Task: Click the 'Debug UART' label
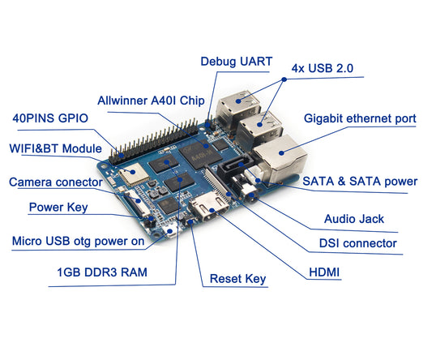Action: point(236,61)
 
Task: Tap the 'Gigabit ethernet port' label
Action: point(360,118)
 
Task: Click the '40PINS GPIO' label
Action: point(49,118)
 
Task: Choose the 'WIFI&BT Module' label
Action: point(55,149)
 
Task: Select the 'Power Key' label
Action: point(58,207)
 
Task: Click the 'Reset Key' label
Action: point(237,279)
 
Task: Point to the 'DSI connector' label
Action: point(357,243)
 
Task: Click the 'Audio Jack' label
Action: point(353,218)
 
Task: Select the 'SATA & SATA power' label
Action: point(359,181)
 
